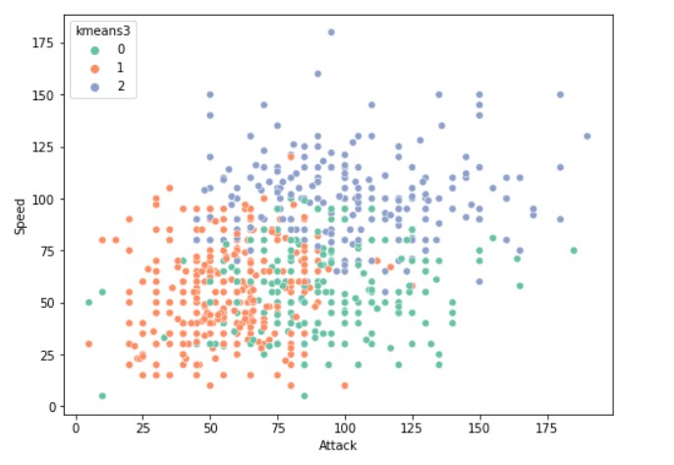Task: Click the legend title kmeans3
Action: click(103, 31)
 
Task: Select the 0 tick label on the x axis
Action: click(76, 429)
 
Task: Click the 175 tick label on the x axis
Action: click(546, 429)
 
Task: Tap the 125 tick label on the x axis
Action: click(412, 429)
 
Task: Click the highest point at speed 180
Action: click(331, 32)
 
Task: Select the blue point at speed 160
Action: click(317, 74)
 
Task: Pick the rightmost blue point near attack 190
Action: click(587, 137)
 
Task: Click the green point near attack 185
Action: click(573, 251)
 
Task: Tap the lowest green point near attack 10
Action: click(102, 395)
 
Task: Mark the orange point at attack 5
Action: click(88, 344)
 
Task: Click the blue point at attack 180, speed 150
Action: click(560, 94)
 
